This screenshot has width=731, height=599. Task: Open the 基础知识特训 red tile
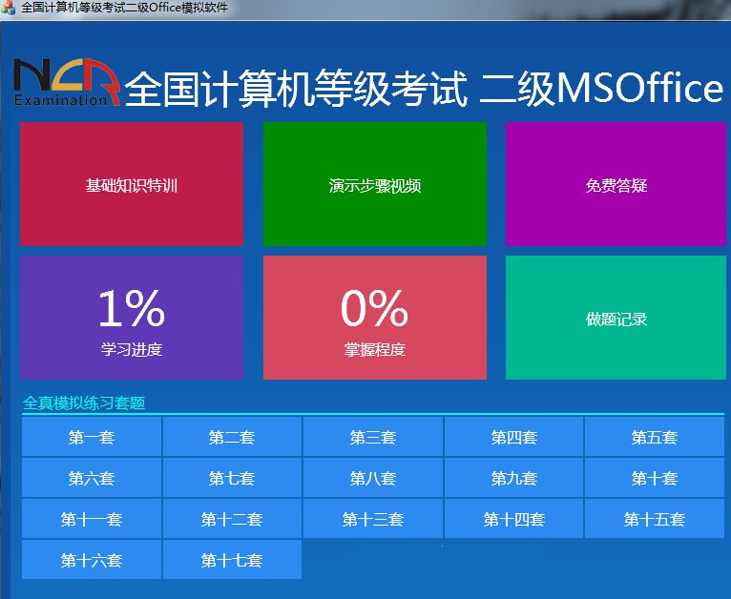(x=132, y=184)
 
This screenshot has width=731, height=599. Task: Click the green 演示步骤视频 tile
(x=374, y=184)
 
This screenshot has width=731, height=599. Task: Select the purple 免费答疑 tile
(x=616, y=184)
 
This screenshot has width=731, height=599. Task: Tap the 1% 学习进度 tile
(x=132, y=318)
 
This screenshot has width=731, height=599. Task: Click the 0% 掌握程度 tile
(x=374, y=318)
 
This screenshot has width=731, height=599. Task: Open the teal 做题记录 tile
(x=616, y=318)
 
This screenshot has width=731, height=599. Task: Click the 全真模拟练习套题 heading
(x=84, y=403)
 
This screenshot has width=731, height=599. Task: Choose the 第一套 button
(x=92, y=438)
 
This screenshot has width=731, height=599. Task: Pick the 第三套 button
(x=373, y=438)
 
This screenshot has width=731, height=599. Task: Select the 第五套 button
(x=655, y=438)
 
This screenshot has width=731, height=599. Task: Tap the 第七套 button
(x=232, y=479)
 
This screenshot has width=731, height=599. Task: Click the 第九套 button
(x=513, y=479)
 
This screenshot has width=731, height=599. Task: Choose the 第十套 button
(x=655, y=479)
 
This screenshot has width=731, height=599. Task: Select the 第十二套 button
(x=232, y=520)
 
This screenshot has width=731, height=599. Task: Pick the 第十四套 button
(x=513, y=520)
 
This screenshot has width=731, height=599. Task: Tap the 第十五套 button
(x=655, y=520)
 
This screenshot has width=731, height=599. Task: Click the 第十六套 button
(x=92, y=561)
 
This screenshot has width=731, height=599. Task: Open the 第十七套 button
(x=232, y=561)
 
